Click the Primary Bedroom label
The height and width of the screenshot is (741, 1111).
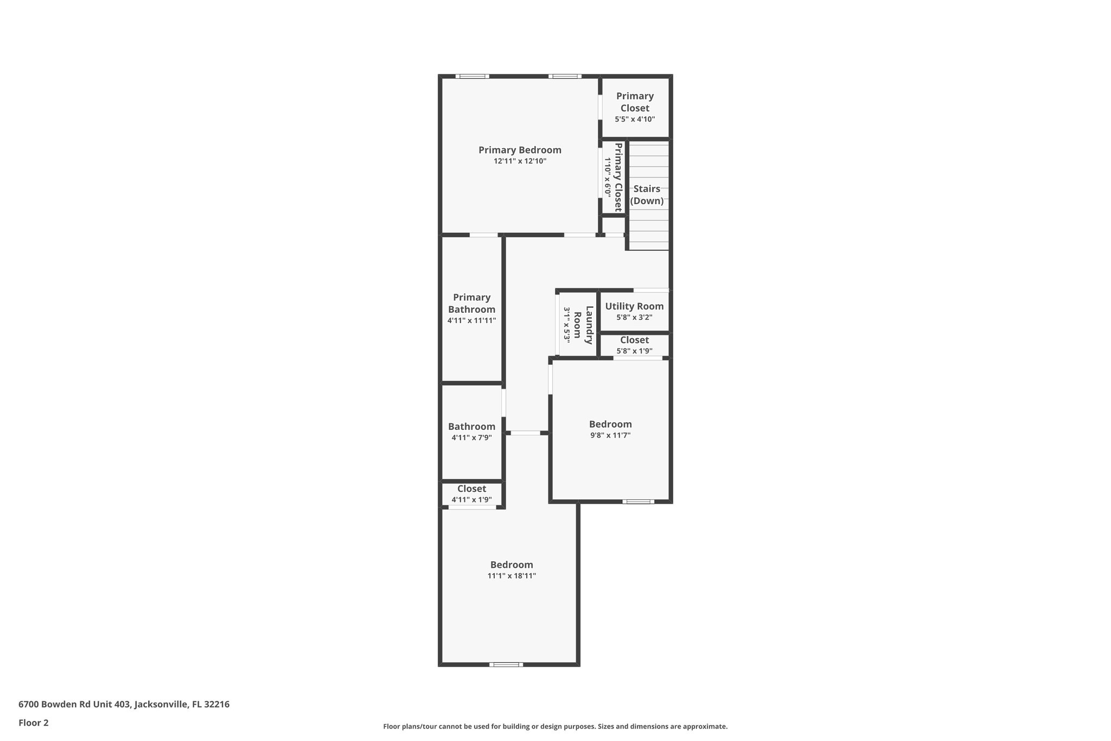pyautogui.click(x=520, y=150)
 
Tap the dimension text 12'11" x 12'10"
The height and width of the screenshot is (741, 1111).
pyautogui.click(x=520, y=161)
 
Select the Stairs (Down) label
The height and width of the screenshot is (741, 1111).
pyautogui.click(x=647, y=195)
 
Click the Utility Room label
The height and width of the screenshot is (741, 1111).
pyautogui.click(x=634, y=306)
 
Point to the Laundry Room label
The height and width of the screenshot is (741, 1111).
pyautogui.click(x=583, y=325)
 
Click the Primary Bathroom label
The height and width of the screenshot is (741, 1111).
pyautogui.click(x=471, y=303)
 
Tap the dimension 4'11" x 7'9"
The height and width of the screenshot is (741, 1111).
pyautogui.click(x=471, y=438)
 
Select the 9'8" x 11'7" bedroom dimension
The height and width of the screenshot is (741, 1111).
pyautogui.click(x=610, y=435)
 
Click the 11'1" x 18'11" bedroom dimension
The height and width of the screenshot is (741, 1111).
pyautogui.click(x=512, y=576)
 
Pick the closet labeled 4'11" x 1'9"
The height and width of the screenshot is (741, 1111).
pyautogui.click(x=471, y=494)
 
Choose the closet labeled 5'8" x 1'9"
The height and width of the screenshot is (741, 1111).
pyautogui.click(x=634, y=345)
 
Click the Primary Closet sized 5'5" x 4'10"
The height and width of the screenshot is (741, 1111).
pyautogui.click(x=635, y=107)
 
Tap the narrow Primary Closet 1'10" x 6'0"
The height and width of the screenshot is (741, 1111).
pyautogui.click(x=613, y=177)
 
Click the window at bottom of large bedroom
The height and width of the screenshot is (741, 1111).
pyautogui.click(x=506, y=664)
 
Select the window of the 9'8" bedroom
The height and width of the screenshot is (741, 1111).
pyautogui.click(x=638, y=501)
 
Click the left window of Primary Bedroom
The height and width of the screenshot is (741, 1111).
pyautogui.click(x=472, y=77)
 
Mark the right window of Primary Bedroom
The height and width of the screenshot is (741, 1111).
pyautogui.click(x=565, y=77)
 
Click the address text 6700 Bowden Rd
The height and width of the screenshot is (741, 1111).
pyautogui.click(x=124, y=704)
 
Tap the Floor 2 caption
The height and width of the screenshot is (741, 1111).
pyautogui.click(x=34, y=723)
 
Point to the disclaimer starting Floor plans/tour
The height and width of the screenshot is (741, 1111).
pyautogui.click(x=555, y=726)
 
